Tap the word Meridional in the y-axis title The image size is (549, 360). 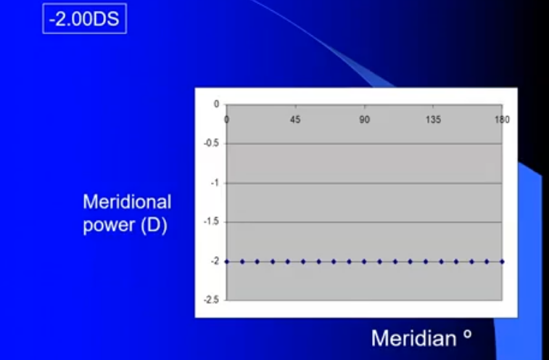(x=127, y=201)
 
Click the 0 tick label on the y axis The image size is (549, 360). (x=215, y=104)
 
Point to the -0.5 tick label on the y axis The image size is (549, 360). (x=212, y=144)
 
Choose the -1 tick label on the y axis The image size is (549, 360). (x=214, y=183)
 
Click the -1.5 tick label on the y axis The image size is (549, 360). (x=212, y=222)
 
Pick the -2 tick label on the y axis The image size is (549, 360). (x=214, y=261)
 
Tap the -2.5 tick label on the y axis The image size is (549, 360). (x=212, y=300)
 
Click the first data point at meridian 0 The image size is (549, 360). (x=227, y=261)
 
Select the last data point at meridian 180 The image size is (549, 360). (x=502, y=261)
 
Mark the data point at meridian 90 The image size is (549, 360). (x=364, y=261)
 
